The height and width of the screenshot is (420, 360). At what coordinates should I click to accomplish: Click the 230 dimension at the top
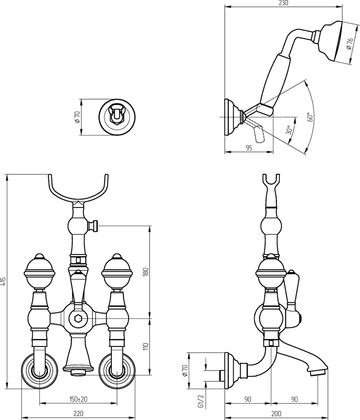[284, 3]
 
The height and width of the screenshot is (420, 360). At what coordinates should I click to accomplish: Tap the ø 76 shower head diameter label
[349, 44]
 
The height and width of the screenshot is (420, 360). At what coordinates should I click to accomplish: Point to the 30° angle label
[289, 130]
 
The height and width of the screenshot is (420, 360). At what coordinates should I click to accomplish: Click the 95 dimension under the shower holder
[249, 148]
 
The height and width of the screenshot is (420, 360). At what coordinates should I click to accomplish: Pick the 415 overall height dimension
[4, 281]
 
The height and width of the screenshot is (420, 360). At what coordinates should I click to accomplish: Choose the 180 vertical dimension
[146, 272]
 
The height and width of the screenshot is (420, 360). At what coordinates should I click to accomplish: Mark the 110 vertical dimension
[146, 346]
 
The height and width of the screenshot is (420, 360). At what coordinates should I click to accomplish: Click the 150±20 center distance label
[78, 399]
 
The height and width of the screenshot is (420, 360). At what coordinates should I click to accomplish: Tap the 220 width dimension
[78, 414]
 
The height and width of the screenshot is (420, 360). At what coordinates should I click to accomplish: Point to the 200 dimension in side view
[276, 414]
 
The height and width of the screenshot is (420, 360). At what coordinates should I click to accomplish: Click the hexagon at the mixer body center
[78, 318]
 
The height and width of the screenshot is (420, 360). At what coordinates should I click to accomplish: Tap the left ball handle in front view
[39, 271]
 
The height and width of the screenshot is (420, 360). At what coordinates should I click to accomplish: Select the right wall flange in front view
[117, 372]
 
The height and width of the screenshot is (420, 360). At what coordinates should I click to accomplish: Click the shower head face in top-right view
[340, 42]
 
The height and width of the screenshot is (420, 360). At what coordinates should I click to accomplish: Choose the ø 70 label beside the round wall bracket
[78, 117]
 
